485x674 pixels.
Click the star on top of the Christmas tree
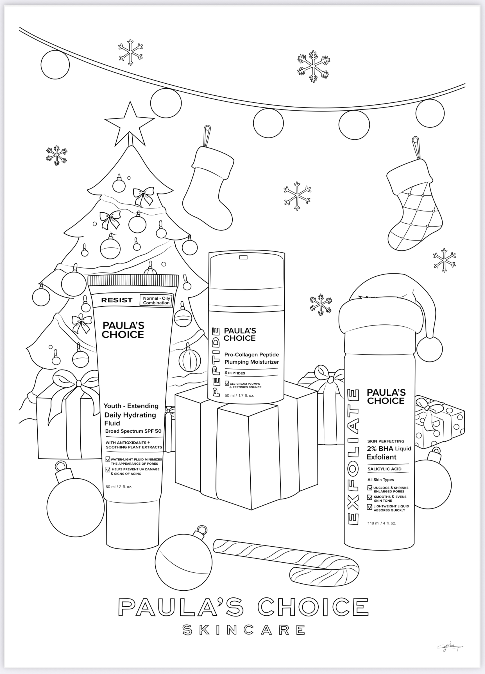tap(130, 125)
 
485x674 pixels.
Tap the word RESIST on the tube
tap(117, 300)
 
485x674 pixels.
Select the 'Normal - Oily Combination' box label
tap(156, 301)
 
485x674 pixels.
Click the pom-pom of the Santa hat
tap(429, 349)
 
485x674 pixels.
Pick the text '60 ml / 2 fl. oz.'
tap(119, 487)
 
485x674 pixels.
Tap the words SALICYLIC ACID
tap(384, 469)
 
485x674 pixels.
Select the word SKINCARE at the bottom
tap(244, 630)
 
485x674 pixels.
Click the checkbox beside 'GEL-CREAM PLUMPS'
tap(227, 383)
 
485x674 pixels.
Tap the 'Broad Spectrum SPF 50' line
tap(133, 431)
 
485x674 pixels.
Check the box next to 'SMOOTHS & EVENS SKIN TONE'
tap(370, 497)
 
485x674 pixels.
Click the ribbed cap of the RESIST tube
tap(133, 280)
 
